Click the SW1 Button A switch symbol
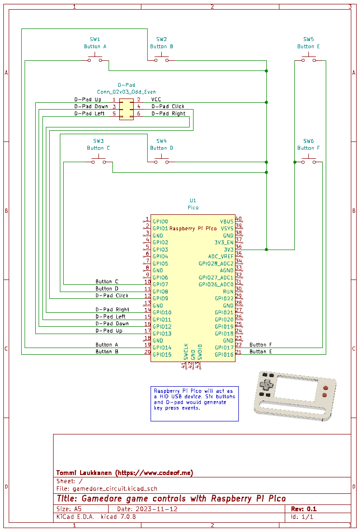[95, 58]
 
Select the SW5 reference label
[308, 39]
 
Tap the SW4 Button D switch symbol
[162, 159]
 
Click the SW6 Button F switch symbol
[308, 159]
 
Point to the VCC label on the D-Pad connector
[156, 99]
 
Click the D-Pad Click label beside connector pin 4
[168, 106]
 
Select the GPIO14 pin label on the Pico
[162, 348]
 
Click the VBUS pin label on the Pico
[226, 222]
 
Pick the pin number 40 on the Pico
[238, 219]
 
